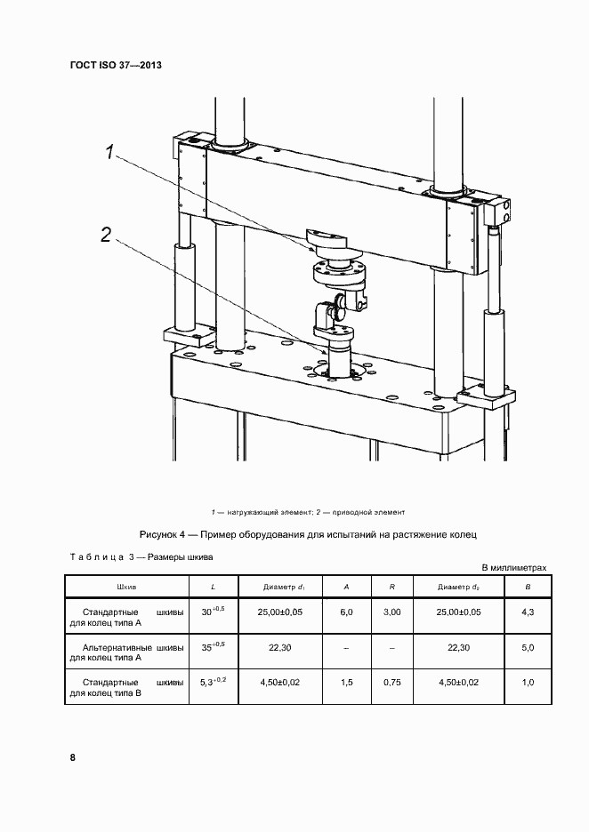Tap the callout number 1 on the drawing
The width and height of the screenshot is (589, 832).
pyautogui.click(x=111, y=153)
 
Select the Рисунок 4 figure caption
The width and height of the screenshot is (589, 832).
pyautogui.click(x=309, y=535)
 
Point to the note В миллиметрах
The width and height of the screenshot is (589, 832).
pyautogui.click(x=513, y=567)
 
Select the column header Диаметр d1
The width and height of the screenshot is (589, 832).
pyautogui.click(x=285, y=588)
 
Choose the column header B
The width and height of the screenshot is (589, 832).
pyautogui.click(x=528, y=588)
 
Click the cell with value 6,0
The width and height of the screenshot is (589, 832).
pyautogui.click(x=346, y=613)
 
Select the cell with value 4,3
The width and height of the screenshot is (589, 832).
pyautogui.click(x=528, y=613)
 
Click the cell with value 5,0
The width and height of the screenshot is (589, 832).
pyautogui.click(x=528, y=648)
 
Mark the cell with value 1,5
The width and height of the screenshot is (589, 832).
pyautogui.click(x=346, y=683)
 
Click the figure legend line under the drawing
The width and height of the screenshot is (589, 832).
pyautogui.click(x=309, y=512)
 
